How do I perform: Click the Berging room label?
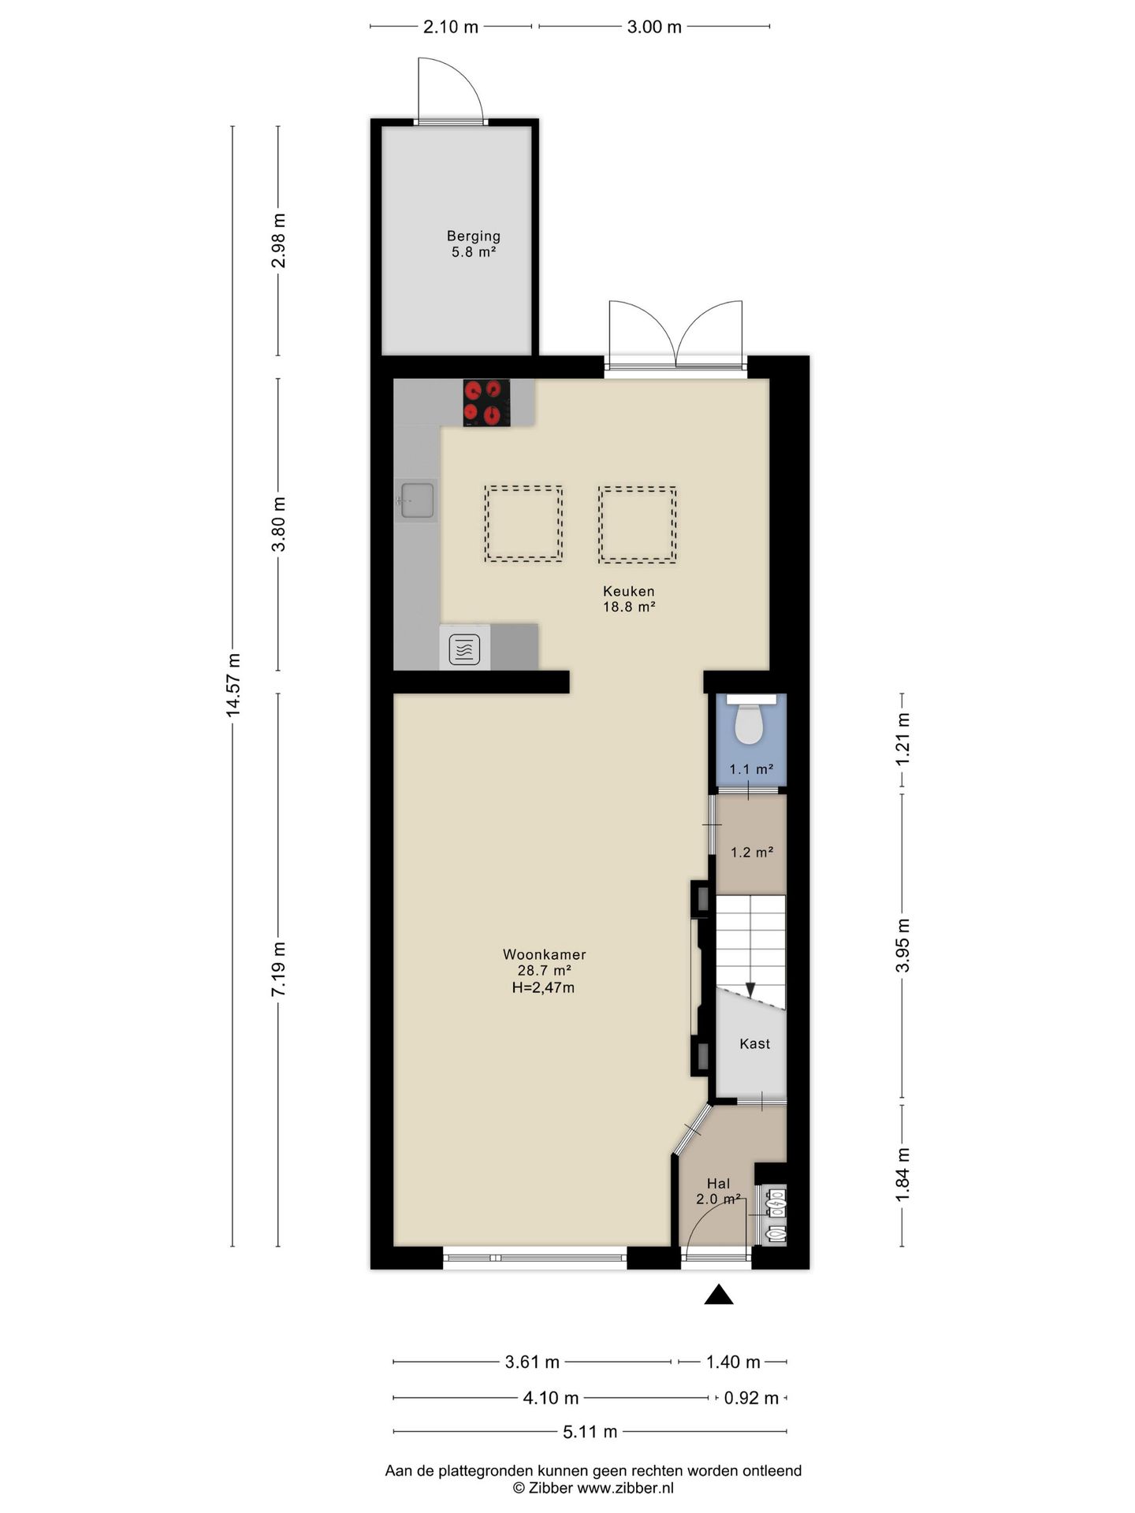click(474, 236)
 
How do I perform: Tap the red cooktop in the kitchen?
click(486, 403)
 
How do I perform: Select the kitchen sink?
click(415, 500)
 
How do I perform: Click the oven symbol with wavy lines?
click(464, 649)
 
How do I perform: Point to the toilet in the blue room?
click(749, 719)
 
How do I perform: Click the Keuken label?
click(629, 591)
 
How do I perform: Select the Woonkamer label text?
click(545, 954)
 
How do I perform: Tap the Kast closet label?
click(754, 1043)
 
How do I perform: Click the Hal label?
click(718, 1183)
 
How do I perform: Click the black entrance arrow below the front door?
click(718, 1295)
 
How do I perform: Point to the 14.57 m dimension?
click(233, 685)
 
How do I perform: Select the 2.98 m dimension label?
click(278, 240)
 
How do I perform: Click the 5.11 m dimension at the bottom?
click(590, 1431)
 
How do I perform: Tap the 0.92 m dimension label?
click(751, 1397)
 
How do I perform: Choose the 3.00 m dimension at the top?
click(654, 27)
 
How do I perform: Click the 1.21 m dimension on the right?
click(902, 738)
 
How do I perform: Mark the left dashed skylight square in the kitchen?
click(523, 524)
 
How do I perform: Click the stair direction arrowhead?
click(750, 990)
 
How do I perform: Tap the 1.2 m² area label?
click(752, 852)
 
